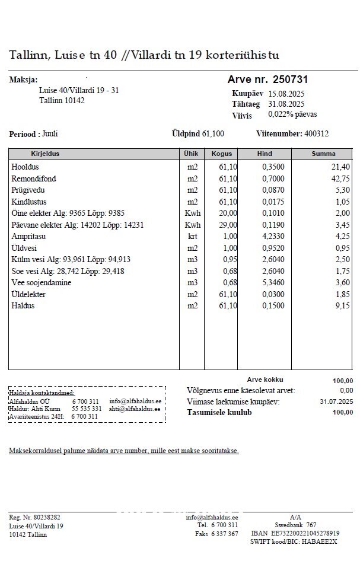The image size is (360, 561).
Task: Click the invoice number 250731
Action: tap(290, 79)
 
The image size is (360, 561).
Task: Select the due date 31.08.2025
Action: tap(287, 104)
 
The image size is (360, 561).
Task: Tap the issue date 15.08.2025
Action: tap(287, 94)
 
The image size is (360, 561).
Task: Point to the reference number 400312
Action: tap(316, 134)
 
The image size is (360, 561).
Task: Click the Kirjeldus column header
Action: tap(45, 154)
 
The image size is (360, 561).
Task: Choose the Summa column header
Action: tap(323, 154)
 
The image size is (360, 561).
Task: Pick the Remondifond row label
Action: tap(33, 179)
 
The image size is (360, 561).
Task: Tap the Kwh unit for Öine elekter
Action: tap(192, 213)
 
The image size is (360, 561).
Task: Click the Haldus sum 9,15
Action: tap(342, 306)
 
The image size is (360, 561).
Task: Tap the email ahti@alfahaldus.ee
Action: tap(135, 409)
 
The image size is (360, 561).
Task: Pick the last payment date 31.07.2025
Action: tap(336, 401)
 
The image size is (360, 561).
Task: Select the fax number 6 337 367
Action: tap(225, 534)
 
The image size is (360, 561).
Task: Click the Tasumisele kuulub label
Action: tap(219, 413)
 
